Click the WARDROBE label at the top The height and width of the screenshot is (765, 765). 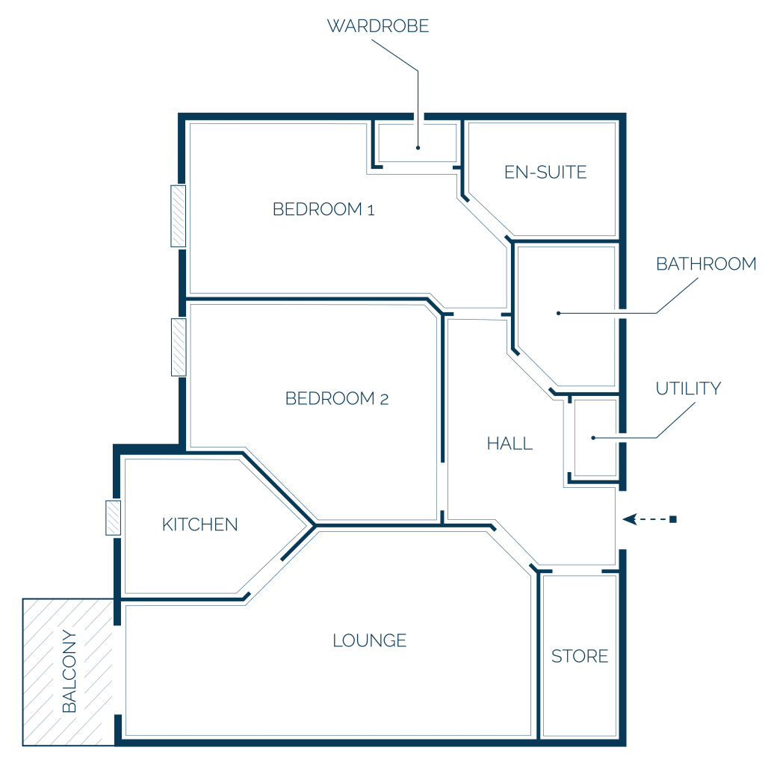click(377, 26)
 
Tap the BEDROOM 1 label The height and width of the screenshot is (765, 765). click(323, 209)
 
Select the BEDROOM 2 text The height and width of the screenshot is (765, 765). click(337, 399)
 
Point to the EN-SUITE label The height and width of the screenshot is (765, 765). click(545, 173)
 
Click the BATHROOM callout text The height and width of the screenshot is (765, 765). click(706, 264)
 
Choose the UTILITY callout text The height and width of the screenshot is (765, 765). click(688, 388)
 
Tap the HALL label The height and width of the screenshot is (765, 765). click(510, 444)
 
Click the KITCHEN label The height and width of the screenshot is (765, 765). click(200, 524)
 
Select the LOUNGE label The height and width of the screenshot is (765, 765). click(369, 640)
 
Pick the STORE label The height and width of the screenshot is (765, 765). click(580, 656)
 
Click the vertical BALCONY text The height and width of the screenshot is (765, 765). click(69, 672)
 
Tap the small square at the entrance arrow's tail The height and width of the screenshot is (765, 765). click(673, 519)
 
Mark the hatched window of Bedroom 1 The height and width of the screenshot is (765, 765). click(178, 216)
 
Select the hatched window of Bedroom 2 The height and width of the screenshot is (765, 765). click(179, 347)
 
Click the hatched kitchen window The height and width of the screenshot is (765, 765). click(114, 518)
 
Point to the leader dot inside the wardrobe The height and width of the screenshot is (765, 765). click(418, 147)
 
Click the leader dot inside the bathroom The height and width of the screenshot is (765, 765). click(559, 313)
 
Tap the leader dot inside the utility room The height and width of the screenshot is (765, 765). click(593, 438)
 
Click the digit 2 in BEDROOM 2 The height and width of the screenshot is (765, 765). click(384, 400)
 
